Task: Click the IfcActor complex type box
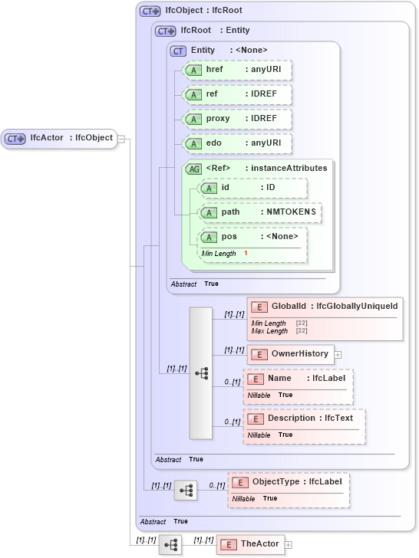(x=59, y=138)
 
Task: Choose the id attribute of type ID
(x=252, y=188)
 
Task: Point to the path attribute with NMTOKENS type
(x=259, y=212)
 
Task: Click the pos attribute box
(x=252, y=237)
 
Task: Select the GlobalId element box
(x=325, y=307)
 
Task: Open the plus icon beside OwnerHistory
(x=338, y=354)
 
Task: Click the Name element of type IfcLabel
(x=298, y=379)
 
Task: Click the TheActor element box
(x=251, y=544)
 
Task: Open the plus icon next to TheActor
(x=289, y=545)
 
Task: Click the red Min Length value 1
(x=246, y=253)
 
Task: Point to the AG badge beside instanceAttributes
(x=193, y=169)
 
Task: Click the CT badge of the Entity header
(x=178, y=51)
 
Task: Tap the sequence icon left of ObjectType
(x=186, y=490)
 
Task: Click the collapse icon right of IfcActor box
(x=121, y=139)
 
